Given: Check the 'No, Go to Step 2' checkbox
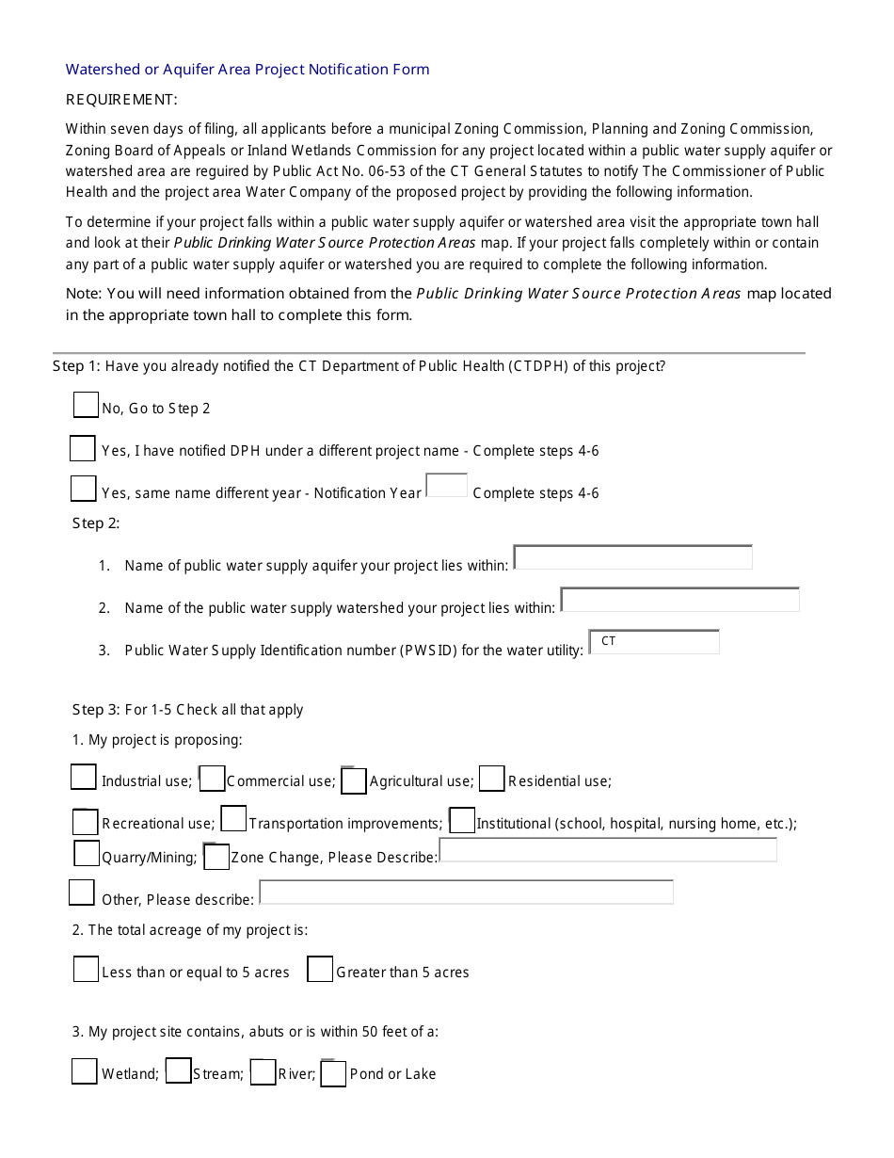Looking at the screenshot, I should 86,405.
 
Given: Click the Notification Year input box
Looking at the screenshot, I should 447,486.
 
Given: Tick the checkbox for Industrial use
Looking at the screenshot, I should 84,777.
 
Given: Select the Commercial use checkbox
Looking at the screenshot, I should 213,779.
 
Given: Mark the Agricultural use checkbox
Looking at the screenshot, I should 354,780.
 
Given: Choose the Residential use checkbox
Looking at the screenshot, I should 492,779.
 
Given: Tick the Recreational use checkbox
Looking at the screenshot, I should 86,822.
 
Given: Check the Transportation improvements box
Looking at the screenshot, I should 234,819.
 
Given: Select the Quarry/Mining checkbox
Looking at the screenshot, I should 87,854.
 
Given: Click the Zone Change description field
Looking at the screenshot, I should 608,851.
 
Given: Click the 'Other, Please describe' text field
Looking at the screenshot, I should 466,893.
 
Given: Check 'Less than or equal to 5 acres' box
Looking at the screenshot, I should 87,969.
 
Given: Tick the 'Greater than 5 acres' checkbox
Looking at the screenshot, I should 321,969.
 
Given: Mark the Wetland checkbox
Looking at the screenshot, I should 85,1071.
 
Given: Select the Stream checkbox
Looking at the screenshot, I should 179,1070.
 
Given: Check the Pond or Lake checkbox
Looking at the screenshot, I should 334,1073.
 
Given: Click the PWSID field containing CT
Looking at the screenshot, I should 654,642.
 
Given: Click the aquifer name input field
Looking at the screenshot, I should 633,557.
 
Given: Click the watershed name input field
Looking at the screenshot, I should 679,600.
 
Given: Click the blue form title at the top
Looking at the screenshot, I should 247,70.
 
